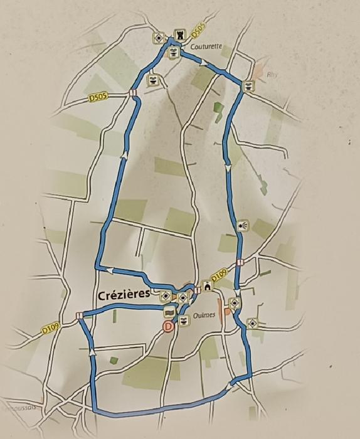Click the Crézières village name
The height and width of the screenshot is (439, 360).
pyautogui.click(x=125, y=295)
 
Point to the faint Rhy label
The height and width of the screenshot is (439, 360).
pyautogui.click(x=272, y=74)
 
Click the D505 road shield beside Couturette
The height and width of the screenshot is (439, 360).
pyautogui.click(x=198, y=29)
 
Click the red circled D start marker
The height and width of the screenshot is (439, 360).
pyautogui.click(x=167, y=326)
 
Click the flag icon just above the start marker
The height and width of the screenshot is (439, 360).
pyautogui.click(x=169, y=312)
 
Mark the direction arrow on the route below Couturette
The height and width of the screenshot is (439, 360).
pyautogui.click(x=204, y=61)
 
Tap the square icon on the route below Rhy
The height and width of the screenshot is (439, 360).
pyautogui.click(x=249, y=86)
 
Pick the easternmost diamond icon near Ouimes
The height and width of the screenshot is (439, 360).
pyautogui.click(x=253, y=324)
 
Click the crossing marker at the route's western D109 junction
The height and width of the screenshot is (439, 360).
pyautogui.click(x=80, y=315)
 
